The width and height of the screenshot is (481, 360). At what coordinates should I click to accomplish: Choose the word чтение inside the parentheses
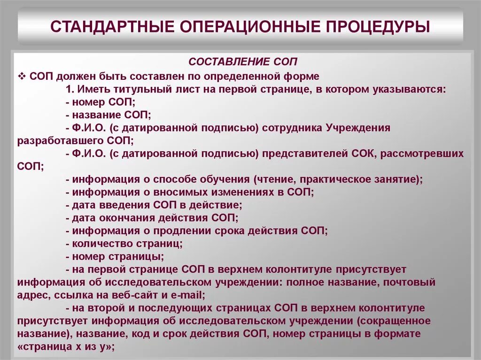[x=274, y=179]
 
